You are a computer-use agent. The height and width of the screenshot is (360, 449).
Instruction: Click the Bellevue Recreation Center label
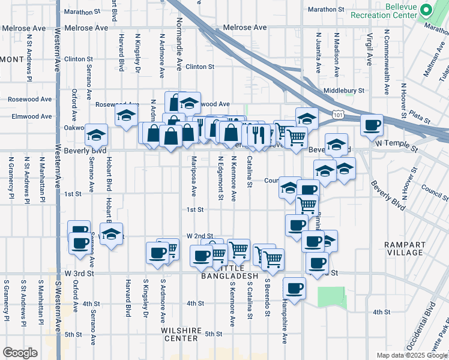click(384, 10)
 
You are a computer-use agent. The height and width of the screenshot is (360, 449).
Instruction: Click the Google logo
click(20, 353)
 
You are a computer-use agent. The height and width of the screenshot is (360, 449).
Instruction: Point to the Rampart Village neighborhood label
click(405, 248)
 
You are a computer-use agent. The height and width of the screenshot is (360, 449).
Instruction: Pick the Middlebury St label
click(344, 90)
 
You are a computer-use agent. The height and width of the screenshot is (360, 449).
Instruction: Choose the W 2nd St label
click(200, 236)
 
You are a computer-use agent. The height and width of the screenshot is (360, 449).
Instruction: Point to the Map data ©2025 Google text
click(411, 355)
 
